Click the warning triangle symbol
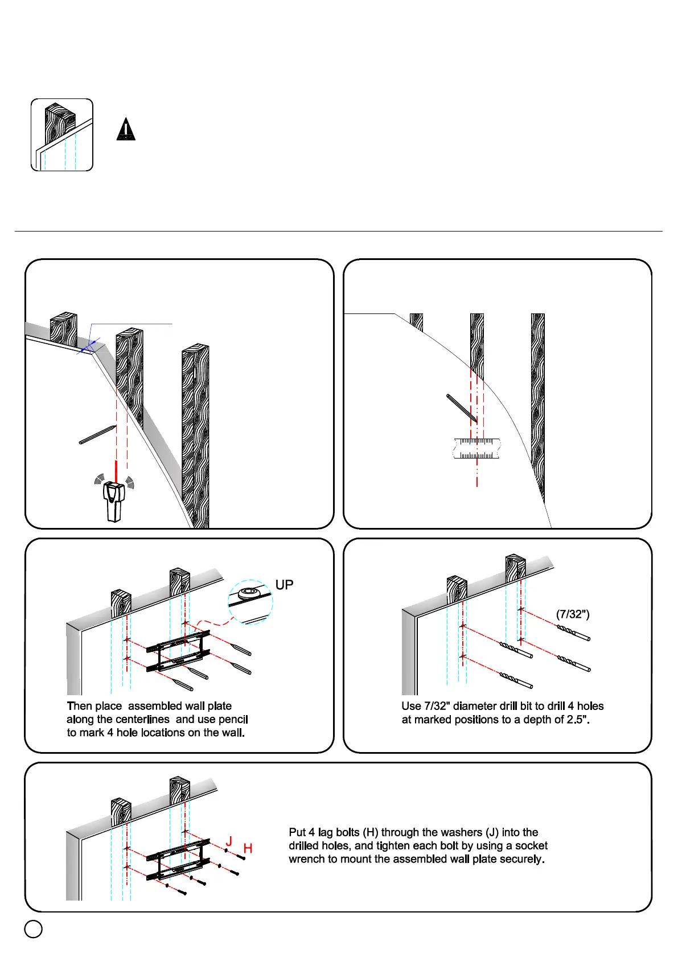[x=126, y=130]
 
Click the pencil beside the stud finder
[x=98, y=434]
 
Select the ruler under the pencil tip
[x=477, y=448]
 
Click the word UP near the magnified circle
[x=284, y=585]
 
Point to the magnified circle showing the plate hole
[x=250, y=602]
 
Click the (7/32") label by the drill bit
[x=573, y=614]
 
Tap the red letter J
[x=229, y=841]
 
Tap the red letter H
[x=248, y=849]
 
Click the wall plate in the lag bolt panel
[x=178, y=859]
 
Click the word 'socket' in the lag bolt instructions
[x=531, y=846]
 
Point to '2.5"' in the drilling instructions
[x=578, y=720]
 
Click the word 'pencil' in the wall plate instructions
[x=233, y=720]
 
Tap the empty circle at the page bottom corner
[x=34, y=929]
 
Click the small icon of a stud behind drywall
[x=61, y=135]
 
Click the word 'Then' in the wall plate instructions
[x=79, y=706]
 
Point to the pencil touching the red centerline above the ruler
[x=462, y=408]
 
